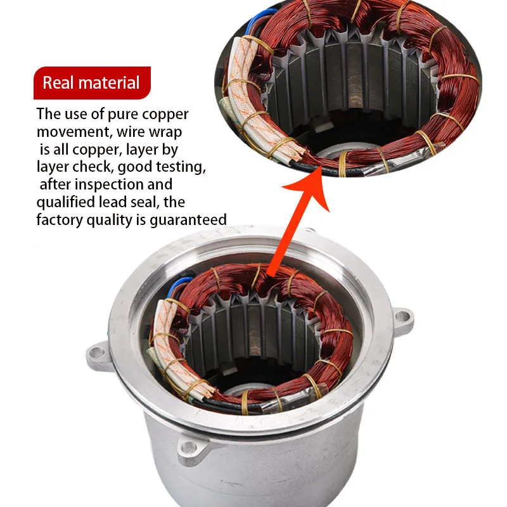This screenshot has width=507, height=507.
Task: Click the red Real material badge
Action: pos(92,83)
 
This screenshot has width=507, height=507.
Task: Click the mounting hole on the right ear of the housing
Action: pos(402,316)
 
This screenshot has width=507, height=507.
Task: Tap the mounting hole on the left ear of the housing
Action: pos(96,352)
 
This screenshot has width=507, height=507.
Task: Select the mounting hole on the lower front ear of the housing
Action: pos(189,447)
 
